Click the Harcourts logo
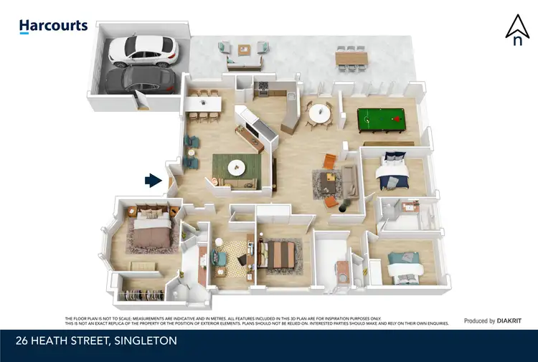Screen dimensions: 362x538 point(53,27)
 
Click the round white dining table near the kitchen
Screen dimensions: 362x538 point(318,113)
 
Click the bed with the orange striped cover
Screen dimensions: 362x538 point(276,253)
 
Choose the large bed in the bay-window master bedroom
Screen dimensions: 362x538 point(150,234)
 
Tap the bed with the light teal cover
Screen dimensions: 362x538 point(407,265)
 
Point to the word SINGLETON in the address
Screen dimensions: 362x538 point(144,340)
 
